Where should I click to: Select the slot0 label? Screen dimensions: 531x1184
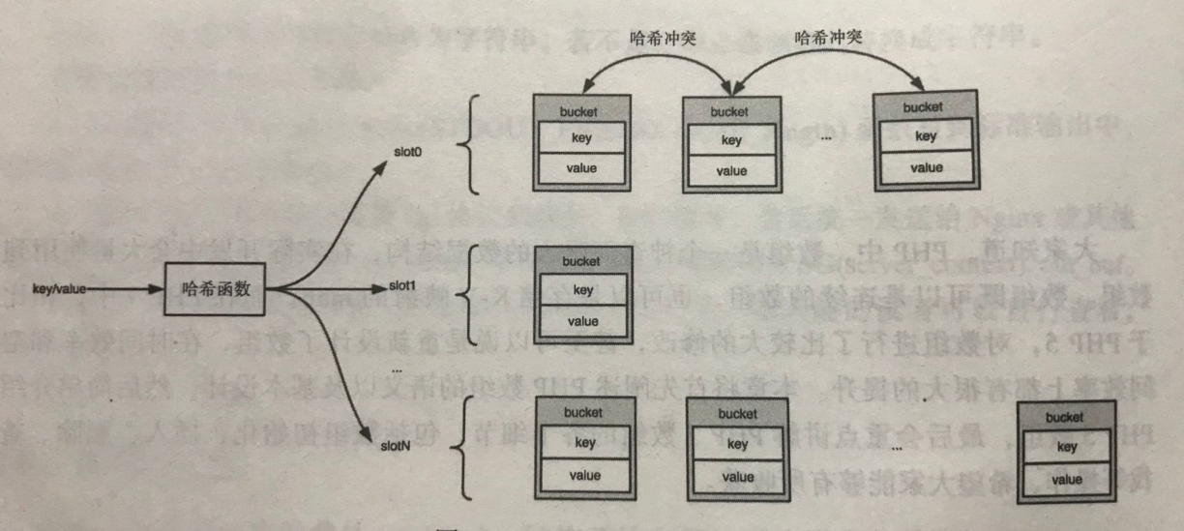[x=408, y=154]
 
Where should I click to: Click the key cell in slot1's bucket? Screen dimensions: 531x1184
[x=582, y=290]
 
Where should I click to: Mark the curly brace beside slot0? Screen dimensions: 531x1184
[x=465, y=145]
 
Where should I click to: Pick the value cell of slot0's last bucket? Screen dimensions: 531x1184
[x=926, y=167]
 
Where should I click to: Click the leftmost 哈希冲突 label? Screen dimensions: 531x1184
[x=656, y=39]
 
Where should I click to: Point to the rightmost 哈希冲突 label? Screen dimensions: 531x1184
[x=830, y=39]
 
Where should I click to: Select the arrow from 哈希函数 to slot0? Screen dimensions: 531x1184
[x=329, y=213]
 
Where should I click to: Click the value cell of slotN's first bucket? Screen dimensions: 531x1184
[x=585, y=475]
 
